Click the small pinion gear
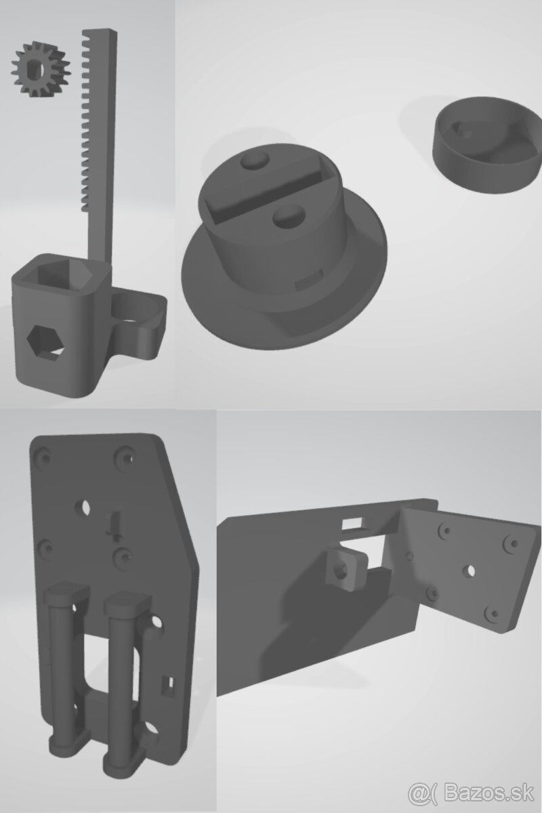pyautogui.click(x=32, y=69)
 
